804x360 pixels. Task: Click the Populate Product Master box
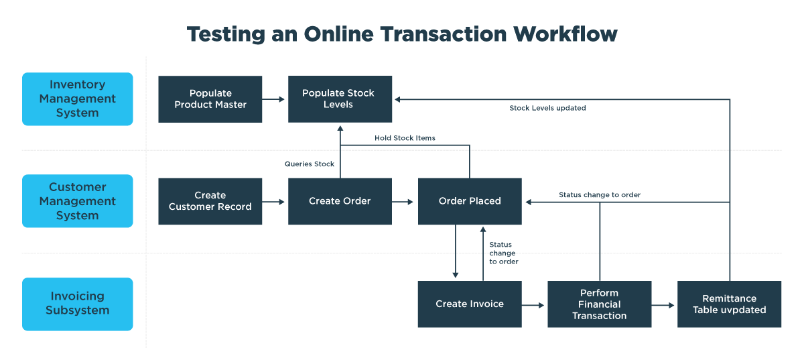210,99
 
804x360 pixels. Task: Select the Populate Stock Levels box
340,99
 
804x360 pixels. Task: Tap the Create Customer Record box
210,201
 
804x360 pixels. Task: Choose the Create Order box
340,201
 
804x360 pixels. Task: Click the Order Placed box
470,201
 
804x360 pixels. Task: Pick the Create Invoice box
469,304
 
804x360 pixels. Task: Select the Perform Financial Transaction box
599,304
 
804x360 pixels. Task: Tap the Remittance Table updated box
729,304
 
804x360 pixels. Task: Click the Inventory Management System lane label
78,99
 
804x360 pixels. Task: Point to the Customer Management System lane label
78,201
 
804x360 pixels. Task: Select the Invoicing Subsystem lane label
78,304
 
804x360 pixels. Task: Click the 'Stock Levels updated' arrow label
547,108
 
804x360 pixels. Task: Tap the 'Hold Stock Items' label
405,138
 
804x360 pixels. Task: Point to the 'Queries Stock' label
310,164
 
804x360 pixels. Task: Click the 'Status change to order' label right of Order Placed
600,195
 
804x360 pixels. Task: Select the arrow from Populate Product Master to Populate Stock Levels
275,99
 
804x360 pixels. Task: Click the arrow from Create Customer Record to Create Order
275,201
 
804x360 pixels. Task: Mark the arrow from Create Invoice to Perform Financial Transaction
534,305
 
